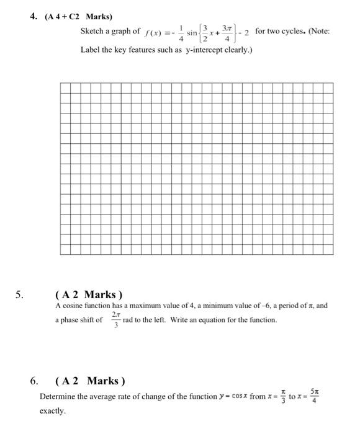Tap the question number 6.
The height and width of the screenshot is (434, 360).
click(x=35, y=380)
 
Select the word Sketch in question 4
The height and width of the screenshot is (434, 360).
click(x=92, y=31)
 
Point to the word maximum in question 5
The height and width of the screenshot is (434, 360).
click(x=144, y=306)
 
